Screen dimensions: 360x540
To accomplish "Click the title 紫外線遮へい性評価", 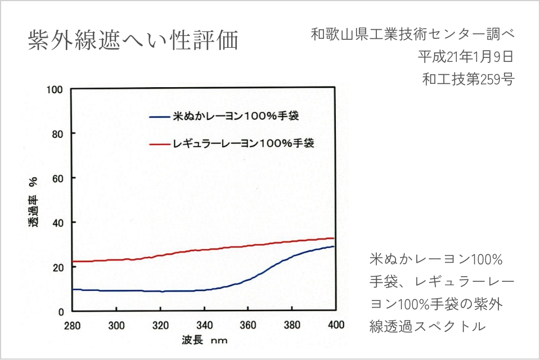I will tap(133, 41).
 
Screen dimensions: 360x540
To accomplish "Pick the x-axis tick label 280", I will tap(73, 325).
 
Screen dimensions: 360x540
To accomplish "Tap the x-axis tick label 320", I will tap(160, 325).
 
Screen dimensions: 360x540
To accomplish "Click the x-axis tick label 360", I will tap(248, 325).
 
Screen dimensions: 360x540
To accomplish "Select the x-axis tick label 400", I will tap(336, 325).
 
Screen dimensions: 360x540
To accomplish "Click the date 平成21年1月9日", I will tap(466, 57).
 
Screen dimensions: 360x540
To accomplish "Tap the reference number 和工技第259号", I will tap(468, 79).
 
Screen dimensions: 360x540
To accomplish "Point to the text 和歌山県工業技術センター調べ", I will tap(412, 34).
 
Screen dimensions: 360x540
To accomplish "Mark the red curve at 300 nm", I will tap(116, 260).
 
